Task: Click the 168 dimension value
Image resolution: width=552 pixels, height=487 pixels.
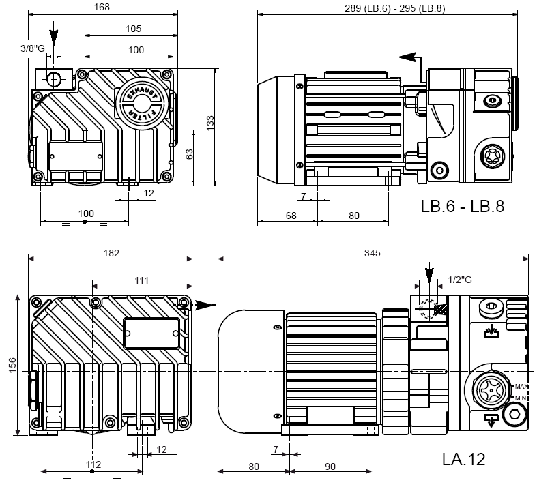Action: [102, 8]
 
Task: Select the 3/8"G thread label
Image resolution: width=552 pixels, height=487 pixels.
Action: [32, 48]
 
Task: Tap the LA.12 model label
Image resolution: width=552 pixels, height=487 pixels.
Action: [463, 459]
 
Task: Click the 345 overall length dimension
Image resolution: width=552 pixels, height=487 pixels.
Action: [373, 252]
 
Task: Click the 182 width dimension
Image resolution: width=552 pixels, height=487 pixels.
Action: [111, 252]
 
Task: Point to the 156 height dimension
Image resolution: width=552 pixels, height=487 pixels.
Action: [12, 366]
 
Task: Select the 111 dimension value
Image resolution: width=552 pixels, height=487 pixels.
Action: [141, 280]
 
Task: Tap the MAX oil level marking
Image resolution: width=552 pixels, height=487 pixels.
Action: [523, 387]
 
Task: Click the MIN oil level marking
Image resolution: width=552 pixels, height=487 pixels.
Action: [521, 398]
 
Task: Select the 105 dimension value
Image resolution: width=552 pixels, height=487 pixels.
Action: [133, 29]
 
